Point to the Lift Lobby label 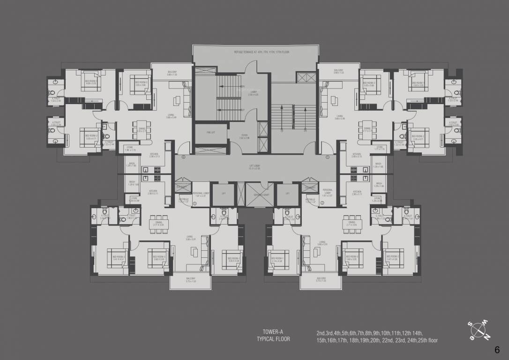[254, 166]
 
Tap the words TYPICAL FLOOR [273, 340]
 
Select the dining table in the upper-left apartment [141, 130]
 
